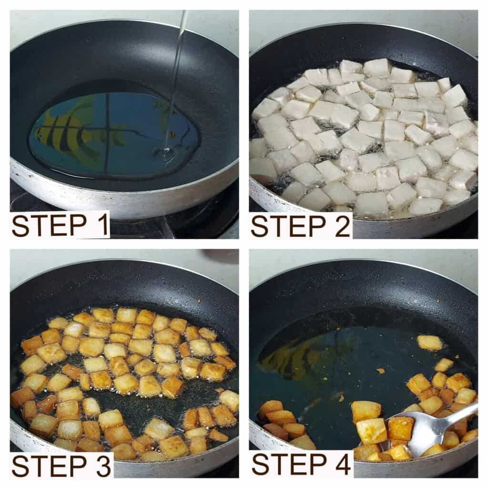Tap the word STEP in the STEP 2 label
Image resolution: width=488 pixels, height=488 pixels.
click(286, 226)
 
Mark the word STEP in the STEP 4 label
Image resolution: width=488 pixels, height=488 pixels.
click(286, 464)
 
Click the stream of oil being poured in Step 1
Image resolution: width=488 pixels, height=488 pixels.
click(177, 71)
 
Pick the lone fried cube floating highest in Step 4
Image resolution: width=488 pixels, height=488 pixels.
click(429, 342)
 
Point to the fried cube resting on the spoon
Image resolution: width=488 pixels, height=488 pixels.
click(400, 428)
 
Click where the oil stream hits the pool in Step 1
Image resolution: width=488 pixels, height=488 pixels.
click(166, 152)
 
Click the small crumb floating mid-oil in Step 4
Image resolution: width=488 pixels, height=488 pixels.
click(381, 371)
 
